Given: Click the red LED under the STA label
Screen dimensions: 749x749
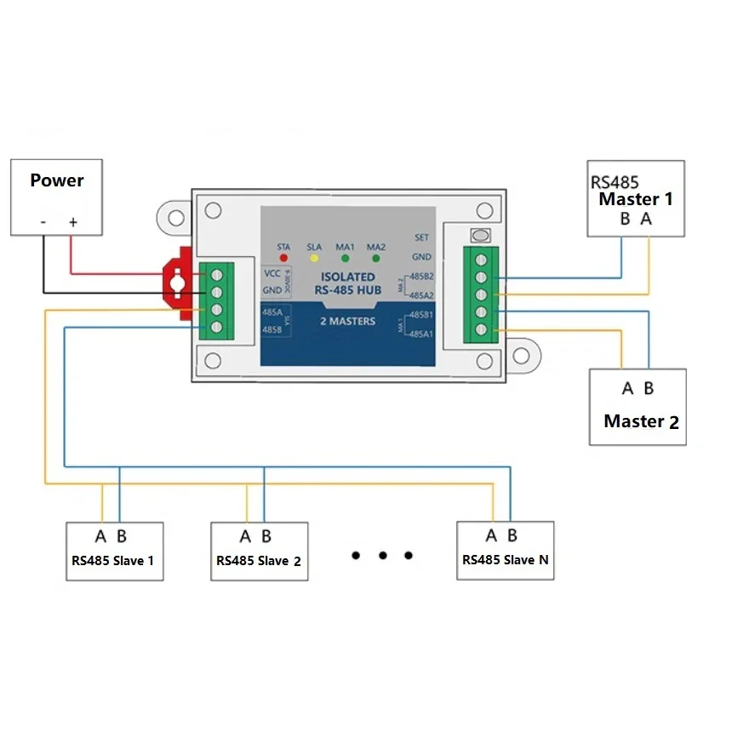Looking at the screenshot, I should click(284, 256).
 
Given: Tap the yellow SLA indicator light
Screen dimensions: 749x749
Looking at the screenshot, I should click(313, 256).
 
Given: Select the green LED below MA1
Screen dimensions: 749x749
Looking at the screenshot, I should click(346, 256).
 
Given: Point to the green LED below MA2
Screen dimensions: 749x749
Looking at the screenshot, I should click(375, 256).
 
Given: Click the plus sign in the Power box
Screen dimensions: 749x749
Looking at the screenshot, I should click(73, 222).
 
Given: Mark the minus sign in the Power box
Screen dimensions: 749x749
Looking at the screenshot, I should click(43, 222).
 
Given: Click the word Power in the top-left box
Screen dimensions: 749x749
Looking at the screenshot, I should click(57, 180).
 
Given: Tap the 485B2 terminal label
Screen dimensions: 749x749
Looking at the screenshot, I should click(421, 277).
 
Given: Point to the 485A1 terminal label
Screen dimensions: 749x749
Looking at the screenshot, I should click(421, 334).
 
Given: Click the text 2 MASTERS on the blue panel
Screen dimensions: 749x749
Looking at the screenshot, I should click(346, 322).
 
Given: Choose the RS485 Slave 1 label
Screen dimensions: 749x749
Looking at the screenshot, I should click(113, 561).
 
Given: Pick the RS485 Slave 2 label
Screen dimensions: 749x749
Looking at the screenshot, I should click(259, 561).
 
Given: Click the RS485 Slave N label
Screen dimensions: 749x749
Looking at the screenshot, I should click(505, 560).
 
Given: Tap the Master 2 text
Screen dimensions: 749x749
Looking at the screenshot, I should click(641, 421).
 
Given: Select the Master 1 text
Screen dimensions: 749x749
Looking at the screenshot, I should click(636, 199).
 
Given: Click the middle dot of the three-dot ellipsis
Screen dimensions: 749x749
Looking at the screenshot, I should click(383, 556).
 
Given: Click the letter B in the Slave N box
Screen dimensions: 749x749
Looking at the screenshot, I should click(512, 535).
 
